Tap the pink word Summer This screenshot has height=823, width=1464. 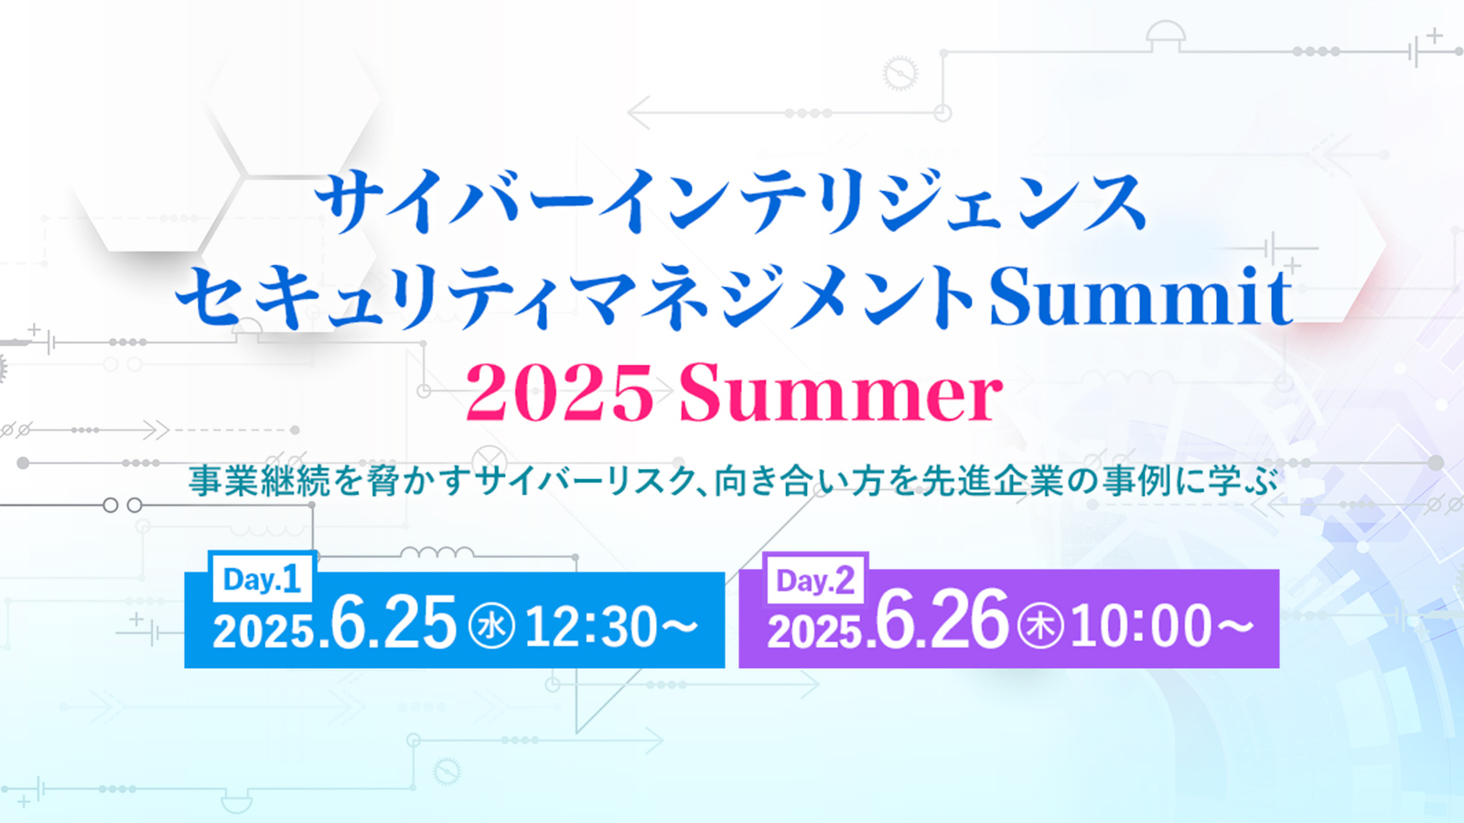coord(841,393)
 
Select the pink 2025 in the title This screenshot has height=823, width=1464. coord(560,393)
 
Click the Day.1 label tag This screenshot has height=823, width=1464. coord(262,579)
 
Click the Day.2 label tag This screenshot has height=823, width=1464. coord(815,580)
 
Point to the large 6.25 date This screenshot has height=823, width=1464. coord(393,623)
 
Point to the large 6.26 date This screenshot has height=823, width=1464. coord(942,621)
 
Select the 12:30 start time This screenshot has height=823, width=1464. coord(590,627)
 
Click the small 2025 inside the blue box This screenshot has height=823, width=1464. coord(263,632)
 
